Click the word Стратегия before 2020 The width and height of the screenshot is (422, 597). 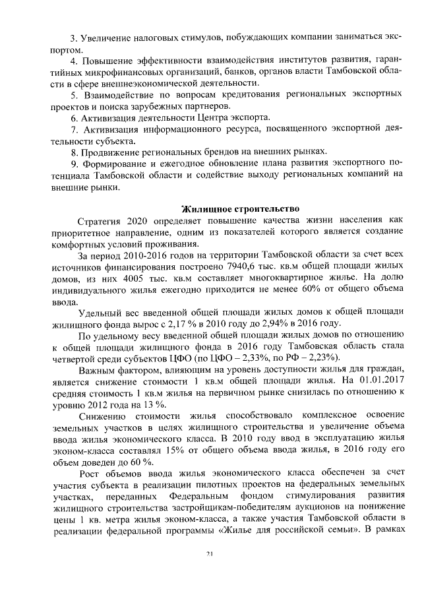[x=98, y=221]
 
